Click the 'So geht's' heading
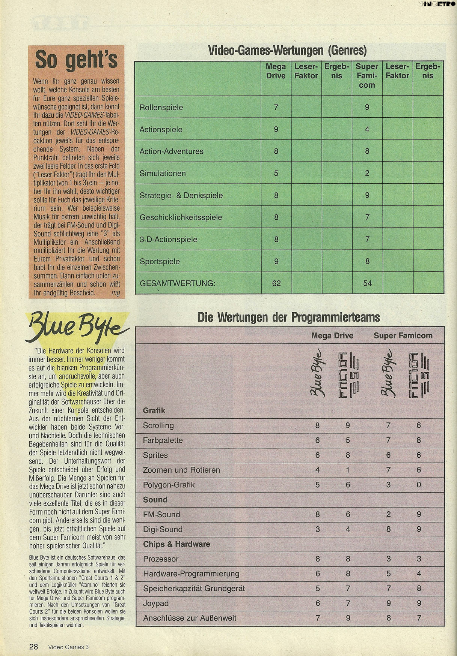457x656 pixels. [76, 60]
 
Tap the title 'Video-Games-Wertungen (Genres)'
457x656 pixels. [287, 50]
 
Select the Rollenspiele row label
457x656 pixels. [161, 108]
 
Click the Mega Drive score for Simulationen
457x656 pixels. [276, 173]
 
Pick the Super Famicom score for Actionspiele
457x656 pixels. [367, 129]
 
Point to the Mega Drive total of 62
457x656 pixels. [276, 283]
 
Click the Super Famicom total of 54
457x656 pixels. [367, 283]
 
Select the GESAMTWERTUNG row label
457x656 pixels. [178, 283]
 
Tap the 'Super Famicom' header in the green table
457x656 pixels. [367, 76]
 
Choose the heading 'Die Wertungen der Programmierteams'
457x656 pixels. [289, 318]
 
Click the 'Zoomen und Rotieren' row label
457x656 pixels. [181, 470]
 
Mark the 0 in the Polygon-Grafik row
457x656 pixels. [419, 485]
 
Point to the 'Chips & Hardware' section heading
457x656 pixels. [176, 544]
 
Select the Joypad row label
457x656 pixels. [155, 603]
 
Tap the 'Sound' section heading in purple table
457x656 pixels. [155, 500]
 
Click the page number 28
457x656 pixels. [34, 647]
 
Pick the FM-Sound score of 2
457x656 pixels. [388, 515]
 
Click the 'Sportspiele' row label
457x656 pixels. [160, 262]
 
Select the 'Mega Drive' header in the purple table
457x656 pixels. [332, 335]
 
